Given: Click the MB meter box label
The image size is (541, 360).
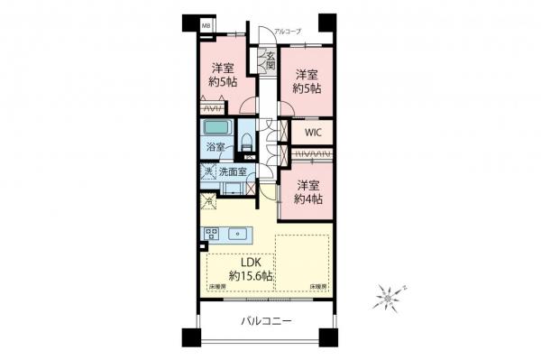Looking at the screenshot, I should [x=206, y=27].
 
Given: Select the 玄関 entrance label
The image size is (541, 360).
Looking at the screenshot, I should [x=270, y=62].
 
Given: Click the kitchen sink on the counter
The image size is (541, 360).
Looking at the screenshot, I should [x=239, y=234].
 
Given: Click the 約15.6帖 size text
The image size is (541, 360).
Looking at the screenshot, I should [x=251, y=275].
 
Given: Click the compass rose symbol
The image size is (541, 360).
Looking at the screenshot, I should [x=389, y=294].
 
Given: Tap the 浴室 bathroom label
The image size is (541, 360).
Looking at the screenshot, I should [x=216, y=148].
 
